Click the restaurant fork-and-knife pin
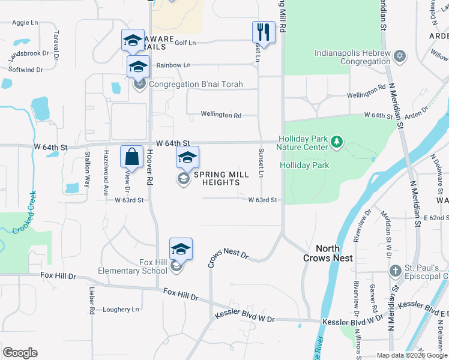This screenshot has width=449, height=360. tap(264, 31)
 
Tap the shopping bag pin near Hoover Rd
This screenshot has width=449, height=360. tap(131, 157)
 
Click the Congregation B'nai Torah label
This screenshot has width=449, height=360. tap(196, 84)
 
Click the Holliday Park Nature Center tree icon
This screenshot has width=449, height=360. tap(337, 142)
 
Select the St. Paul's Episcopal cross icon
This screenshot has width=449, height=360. tap(396, 271)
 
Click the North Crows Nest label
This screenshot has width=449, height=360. tap(328, 253)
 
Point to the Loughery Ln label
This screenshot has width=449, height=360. tap(121, 310)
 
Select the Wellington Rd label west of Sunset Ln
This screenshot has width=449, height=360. tap(221, 115)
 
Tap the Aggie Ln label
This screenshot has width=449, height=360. tap(25, 23)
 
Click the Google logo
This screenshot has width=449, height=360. tap(20, 353)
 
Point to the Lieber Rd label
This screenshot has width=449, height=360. tap(92, 301)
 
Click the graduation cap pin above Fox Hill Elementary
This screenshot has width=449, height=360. tap(181, 248)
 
